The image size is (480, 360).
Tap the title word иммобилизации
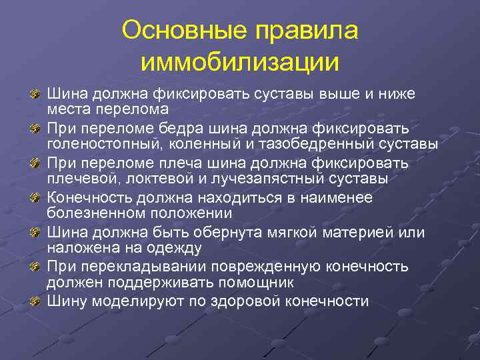point(240,63)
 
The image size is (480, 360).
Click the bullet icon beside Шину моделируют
point(36,301)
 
